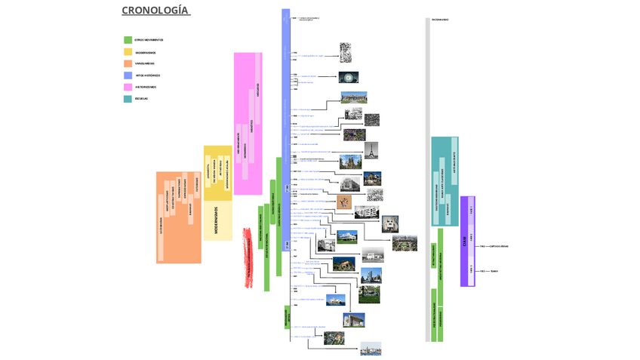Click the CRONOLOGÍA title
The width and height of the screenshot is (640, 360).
155,11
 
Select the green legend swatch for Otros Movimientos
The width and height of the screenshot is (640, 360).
128,40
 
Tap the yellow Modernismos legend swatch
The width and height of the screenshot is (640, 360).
128,52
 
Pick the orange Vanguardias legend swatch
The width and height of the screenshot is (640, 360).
128,63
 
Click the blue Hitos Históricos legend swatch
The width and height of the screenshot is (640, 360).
128,75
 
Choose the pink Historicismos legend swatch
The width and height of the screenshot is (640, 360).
128,87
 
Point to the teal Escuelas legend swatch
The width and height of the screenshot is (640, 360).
128,99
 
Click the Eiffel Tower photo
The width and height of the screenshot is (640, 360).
371,149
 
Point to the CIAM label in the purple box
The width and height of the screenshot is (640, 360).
464,241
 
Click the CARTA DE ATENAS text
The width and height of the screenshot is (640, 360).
499,246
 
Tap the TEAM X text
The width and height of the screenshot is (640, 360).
494,270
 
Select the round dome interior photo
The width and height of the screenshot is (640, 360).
348,77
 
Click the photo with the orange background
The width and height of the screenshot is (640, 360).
344,202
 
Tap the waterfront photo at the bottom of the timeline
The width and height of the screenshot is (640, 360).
371,348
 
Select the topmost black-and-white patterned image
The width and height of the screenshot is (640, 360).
346,53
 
